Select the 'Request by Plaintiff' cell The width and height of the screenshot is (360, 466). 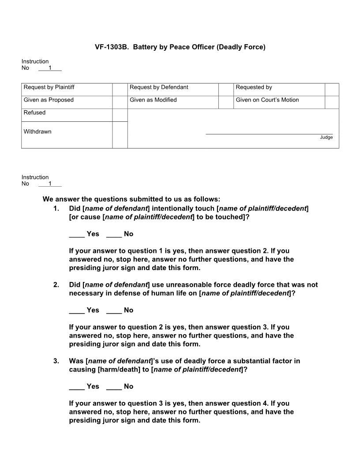(x=49, y=87)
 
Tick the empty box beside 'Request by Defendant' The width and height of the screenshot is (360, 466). (x=225, y=90)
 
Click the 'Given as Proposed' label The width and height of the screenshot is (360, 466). (x=49, y=100)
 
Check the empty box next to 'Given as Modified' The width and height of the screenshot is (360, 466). (x=225, y=102)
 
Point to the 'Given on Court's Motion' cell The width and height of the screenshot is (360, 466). (x=267, y=100)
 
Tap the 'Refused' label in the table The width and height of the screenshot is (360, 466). (x=34, y=113)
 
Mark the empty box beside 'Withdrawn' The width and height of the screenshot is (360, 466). (x=120, y=135)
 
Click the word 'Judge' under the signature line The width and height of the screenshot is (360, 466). (x=326, y=138)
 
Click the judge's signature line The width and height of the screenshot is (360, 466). (x=269, y=133)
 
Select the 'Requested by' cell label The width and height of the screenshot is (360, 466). (x=254, y=87)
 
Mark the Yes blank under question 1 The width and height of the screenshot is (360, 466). (x=77, y=234)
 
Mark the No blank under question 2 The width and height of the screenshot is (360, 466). (x=114, y=311)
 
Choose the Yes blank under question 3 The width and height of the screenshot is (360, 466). (x=77, y=387)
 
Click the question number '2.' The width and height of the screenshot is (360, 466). (x=56, y=285)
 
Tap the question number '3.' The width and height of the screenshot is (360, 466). (x=56, y=361)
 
